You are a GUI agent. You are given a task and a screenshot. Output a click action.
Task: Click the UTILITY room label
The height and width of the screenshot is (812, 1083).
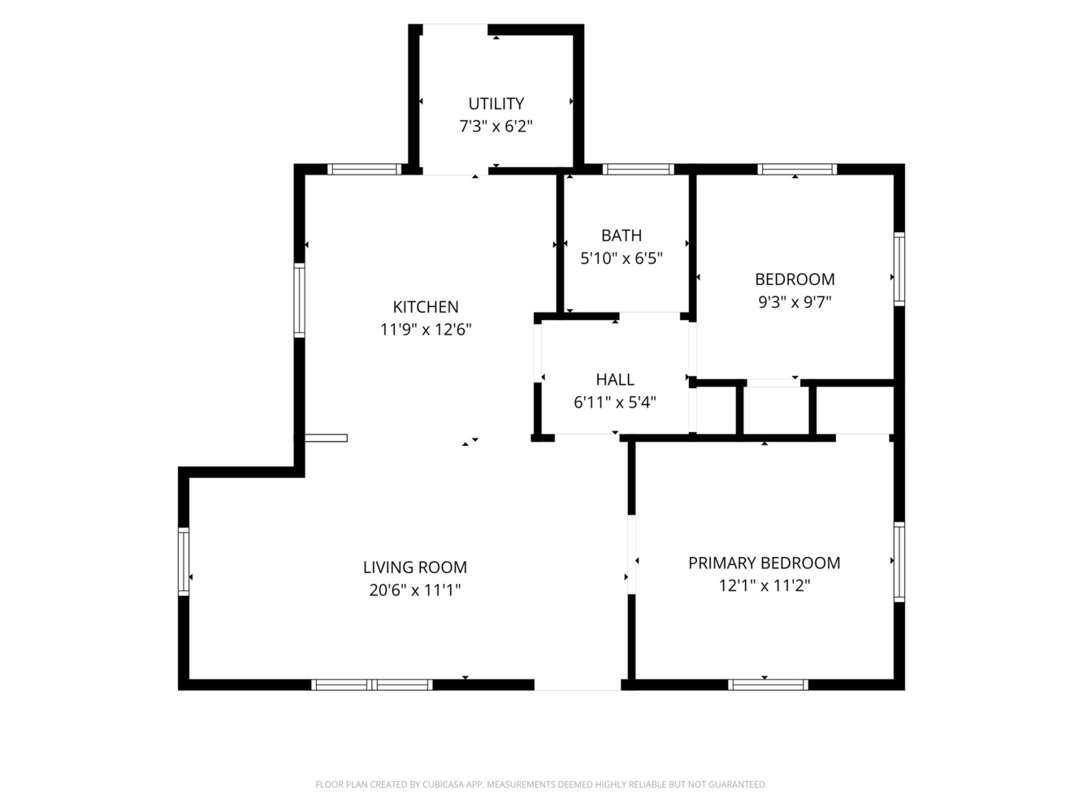coord(496,104)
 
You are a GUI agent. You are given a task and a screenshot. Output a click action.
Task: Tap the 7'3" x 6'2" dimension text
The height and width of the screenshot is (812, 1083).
coord(496,126)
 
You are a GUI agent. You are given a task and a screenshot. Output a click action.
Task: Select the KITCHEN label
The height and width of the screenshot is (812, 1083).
coord(425,307)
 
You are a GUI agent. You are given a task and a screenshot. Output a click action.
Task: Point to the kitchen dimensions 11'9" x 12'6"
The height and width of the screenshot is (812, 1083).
coord(425,330)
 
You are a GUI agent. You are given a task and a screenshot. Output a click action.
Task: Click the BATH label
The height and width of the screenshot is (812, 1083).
coord(622,235)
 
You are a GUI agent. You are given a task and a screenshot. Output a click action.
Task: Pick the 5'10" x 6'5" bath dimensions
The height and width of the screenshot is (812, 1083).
coord(622,258)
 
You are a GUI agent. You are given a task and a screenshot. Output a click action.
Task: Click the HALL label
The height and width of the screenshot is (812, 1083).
coord(615,380)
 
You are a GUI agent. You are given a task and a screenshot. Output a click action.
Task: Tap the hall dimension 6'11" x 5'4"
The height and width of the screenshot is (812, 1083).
coord(615,402)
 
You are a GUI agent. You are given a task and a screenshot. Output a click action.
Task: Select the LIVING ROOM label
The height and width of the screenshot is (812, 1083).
coord(415,568)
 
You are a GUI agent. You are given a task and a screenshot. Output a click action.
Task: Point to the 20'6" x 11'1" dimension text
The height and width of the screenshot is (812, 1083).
coord(415,590)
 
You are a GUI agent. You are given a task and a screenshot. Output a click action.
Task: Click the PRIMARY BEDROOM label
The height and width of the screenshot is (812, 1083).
coord(765,563)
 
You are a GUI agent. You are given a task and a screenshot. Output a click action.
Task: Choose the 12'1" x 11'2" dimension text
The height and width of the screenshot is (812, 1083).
coord(765,585)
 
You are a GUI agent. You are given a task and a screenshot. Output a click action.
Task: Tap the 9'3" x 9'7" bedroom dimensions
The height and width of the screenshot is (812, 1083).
coord(795,302)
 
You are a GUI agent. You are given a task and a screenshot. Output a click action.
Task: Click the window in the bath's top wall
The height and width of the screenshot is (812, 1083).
coord(638,169)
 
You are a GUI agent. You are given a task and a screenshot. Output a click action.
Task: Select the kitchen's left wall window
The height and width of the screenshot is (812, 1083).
coord(300,300)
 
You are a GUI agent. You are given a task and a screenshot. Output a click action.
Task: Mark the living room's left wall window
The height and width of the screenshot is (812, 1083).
coord(184,562)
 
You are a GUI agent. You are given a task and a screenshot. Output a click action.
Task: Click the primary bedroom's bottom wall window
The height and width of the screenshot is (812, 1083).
coord(768,685)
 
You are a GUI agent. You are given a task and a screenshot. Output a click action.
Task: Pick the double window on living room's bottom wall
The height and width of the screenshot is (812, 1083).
coord(372,685)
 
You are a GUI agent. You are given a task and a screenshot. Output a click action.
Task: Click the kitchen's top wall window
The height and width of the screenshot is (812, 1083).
coord(365,169)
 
